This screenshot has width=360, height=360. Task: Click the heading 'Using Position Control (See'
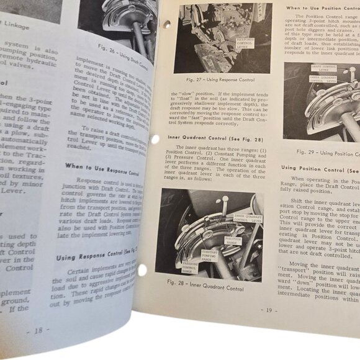point(320,168)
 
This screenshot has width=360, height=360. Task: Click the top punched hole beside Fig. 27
point(166,25)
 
